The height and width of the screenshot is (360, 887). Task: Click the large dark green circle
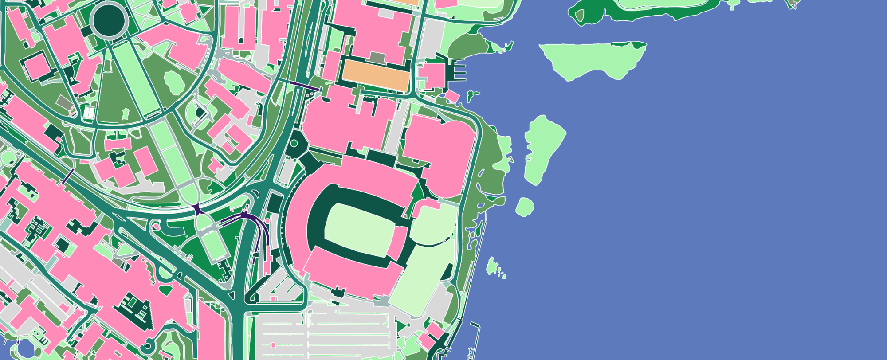tap(109, 20)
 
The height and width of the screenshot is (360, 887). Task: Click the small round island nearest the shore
tap(525, 207)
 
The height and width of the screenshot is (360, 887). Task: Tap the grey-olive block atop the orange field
tap(377, 58)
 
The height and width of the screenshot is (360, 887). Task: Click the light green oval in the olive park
tap(174, 83)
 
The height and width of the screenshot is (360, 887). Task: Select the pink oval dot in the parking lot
tap(273, 345)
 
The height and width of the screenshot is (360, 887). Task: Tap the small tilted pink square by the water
tap(452, 96)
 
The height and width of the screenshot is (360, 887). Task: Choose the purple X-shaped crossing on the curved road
tap(197, 209)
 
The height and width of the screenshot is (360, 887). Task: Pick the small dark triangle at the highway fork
tap(231, 295)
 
